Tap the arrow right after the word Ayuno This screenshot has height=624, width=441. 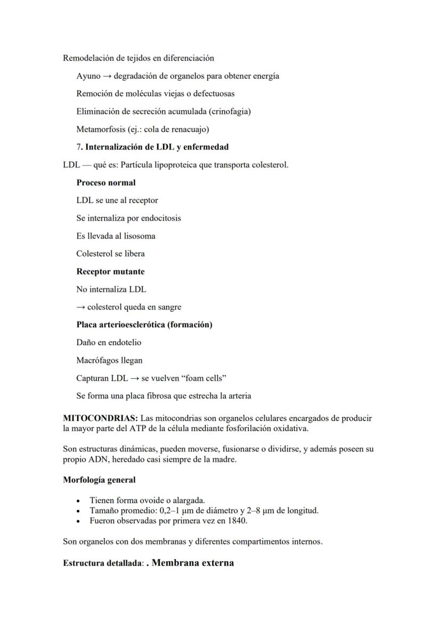point(107,76)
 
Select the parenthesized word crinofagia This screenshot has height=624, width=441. point(230,111)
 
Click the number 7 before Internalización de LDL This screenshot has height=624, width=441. point(78,147)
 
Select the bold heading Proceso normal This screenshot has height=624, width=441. point(106,182)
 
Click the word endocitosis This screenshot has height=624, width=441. point(159,218)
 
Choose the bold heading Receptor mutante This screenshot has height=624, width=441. point(110,271)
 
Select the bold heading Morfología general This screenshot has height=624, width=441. point(99,480)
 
